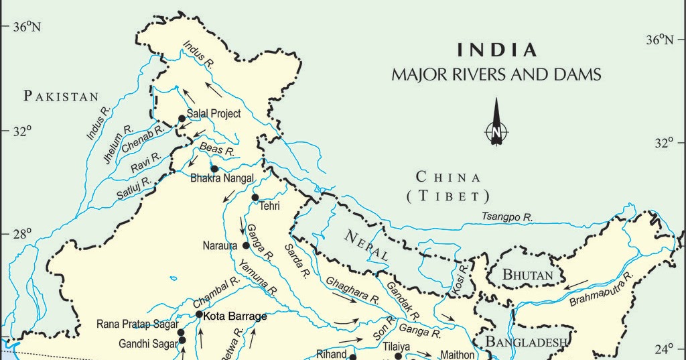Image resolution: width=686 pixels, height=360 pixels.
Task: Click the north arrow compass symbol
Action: (496, 124)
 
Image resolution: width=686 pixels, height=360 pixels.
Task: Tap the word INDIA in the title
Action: (496, 50)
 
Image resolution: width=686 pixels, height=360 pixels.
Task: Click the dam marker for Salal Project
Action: (182, 119)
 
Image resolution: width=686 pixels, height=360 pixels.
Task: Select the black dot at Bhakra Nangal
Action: (214, 169)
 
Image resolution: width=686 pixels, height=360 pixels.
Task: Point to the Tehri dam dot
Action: (255, 197)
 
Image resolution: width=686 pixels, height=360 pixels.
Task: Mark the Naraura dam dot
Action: (246, 245)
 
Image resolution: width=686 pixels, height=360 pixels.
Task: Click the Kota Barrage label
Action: (235, 316)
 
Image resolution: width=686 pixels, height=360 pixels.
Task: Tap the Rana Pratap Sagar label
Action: (137, 324)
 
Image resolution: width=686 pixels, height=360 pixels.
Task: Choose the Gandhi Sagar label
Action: (147, 344)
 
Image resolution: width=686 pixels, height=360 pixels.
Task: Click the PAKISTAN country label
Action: (62, 97)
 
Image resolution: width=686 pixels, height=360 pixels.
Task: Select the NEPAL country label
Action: (366, 245)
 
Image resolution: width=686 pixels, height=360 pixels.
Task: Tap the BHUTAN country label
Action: (528, 276)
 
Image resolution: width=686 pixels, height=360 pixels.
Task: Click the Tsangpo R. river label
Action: (507, 217)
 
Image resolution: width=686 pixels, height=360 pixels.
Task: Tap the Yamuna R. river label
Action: (258, 278)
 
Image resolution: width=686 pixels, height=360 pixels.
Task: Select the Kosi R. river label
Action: (462, 277)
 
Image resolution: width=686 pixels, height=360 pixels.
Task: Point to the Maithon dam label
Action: (456, 355)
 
